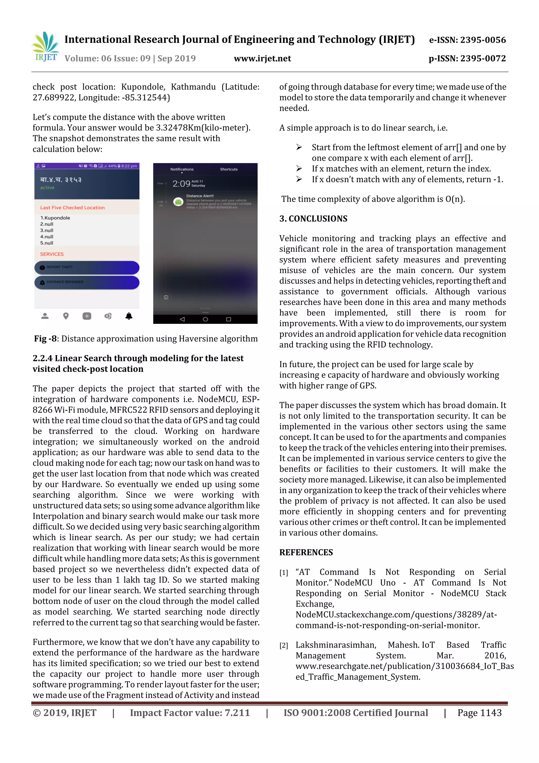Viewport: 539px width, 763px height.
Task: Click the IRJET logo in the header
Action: click(46, 47)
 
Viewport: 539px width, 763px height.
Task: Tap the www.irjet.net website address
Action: click(262, 58)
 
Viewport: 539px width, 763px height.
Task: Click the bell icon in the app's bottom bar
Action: click(129, 316)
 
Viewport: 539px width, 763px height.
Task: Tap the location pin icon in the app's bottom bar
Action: click(66, 316)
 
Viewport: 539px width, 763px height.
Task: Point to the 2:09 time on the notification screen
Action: click(181, 183)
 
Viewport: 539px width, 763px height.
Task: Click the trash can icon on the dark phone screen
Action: click(166, 297)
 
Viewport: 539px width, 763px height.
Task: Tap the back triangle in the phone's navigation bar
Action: click(182, 319)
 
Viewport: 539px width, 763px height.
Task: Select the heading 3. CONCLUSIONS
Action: click(313, 219)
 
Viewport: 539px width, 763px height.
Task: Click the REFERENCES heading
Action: click(306, 552)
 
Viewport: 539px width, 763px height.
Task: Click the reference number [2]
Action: click(284, 646)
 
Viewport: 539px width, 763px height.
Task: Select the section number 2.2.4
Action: click(43, 358)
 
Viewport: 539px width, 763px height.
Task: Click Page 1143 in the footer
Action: click(479, 712)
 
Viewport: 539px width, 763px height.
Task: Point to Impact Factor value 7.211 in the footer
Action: click(190, 712)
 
